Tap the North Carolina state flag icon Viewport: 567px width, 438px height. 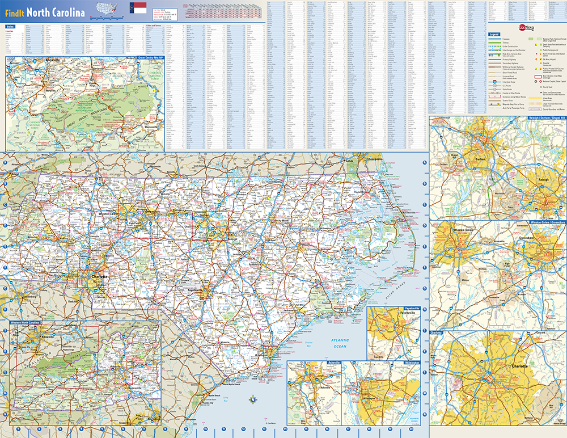pyautogui.click(x=138, y=8)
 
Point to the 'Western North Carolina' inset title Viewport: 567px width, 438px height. pyautogui.click(x=25, y=322)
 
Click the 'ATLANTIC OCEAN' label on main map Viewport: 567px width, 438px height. pyautogui.click(x=340, y=343)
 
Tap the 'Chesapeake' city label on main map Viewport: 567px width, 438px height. pyautogui.click(x=373, y=160)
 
